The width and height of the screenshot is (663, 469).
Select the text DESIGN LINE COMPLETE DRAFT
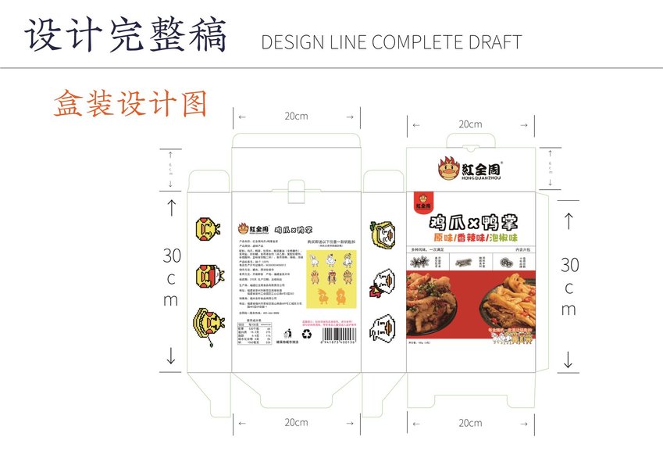[x=391, y=42]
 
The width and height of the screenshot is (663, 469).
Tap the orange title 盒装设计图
[x=130, y=104]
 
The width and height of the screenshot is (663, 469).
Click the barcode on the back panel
[x=339, y=334]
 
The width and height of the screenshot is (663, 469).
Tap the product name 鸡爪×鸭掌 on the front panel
[x=472, y=220]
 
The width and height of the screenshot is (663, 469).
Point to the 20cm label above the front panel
[x=469, y=124]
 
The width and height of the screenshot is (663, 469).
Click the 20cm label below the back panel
[x=295, y=422]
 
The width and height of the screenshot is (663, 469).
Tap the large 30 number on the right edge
[x=569, y=264]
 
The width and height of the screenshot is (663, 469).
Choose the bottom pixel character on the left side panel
[x=206, y=324]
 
